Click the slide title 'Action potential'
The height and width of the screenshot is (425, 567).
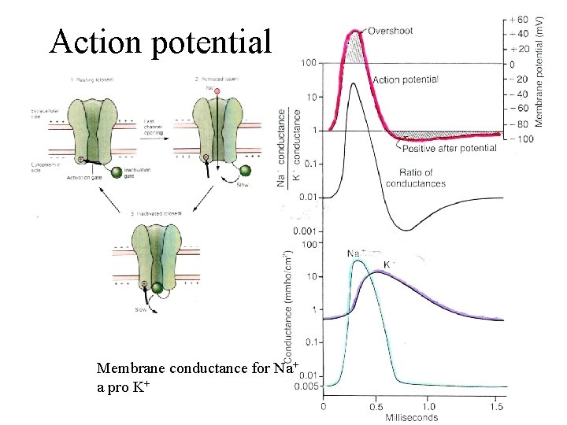pyautogui.click(x=160, y=41)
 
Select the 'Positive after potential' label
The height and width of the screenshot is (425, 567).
pyautogui.click(x=449, y=147)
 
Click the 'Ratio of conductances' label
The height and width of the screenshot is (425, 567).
pyautogui.click(x=416, y=178)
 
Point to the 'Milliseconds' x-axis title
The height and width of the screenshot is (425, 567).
pyautogui.click(x=411, y=418)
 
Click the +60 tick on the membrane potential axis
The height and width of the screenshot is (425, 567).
pyautogui.click(x=518, y=19)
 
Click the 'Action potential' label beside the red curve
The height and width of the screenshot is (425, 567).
pyautogui.click(x=405, y=79)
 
